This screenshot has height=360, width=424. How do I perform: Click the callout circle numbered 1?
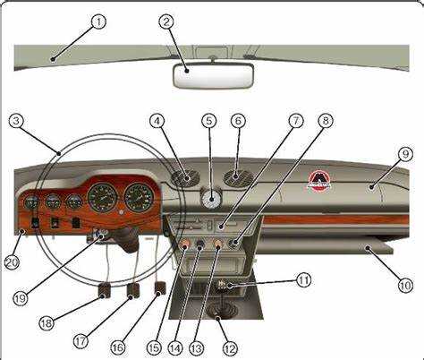click(x=98, y=21)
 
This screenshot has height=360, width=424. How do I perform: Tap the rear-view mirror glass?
click(x=213, y=76)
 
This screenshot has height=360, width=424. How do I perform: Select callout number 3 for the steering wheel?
click(x=16, y=121)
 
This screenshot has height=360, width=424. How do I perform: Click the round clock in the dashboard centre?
click(x=211, y=199)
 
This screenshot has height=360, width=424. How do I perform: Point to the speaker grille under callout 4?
click(x=185, y=178)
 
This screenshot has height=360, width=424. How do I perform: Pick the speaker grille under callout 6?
click(x=238, y=177)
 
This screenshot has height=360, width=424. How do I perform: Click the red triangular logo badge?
click(x=318, y=180)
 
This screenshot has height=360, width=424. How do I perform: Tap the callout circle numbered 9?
click(x=405, y=155)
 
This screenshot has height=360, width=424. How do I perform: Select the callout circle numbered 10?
click(x=405, y=286)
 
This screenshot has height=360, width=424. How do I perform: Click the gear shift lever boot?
click(x=221, y=311)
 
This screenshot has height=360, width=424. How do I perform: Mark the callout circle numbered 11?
click(x=303, y=280)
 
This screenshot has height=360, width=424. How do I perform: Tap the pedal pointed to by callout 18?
click(x=104, y=290)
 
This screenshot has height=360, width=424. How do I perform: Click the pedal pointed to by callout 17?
click(x=133, y=290)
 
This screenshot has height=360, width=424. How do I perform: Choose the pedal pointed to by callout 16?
click(x=160, y=288)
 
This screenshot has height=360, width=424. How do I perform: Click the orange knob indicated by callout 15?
click(x=184, y=244)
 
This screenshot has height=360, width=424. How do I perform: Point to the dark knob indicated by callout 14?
click(x=200, y=244)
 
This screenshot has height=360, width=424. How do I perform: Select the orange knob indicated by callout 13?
click(x=218, y=244)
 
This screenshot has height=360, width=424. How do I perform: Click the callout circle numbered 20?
click(x=12, y=262)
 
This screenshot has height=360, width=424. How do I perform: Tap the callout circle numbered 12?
click(x=230, y=348)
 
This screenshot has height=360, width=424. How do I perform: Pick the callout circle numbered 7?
click(x=296, y=121)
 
